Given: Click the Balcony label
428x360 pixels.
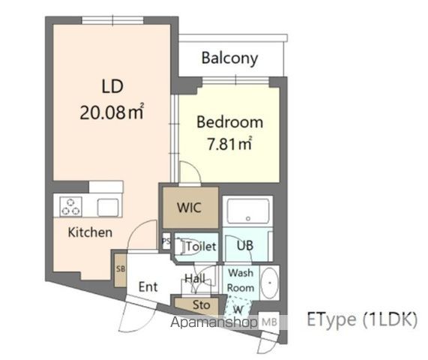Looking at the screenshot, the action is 229,58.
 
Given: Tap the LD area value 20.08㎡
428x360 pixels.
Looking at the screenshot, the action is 112,112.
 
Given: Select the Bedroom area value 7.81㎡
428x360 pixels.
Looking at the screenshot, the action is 229,144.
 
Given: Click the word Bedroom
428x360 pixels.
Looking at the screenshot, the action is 230,122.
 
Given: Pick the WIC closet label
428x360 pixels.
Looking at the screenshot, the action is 189,208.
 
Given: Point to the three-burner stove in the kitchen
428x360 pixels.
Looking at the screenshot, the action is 70,207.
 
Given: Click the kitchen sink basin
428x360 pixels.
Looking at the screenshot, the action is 108,207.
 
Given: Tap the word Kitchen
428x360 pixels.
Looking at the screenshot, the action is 90,232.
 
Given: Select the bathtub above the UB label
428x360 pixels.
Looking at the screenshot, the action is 248,211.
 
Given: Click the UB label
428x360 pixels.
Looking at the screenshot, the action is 245,245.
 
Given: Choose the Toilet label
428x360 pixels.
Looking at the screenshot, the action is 202,246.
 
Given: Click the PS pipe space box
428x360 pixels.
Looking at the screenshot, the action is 166,241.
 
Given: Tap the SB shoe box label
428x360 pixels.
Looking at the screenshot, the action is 121,269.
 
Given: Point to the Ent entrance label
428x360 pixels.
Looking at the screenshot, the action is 148,286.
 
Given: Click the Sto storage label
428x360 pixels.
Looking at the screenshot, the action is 202,304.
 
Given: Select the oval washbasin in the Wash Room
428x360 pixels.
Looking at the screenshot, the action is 270,283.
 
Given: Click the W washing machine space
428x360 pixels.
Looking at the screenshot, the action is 238,310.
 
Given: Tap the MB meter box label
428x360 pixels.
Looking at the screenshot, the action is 269,322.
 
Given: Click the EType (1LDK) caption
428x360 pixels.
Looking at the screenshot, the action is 362,319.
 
